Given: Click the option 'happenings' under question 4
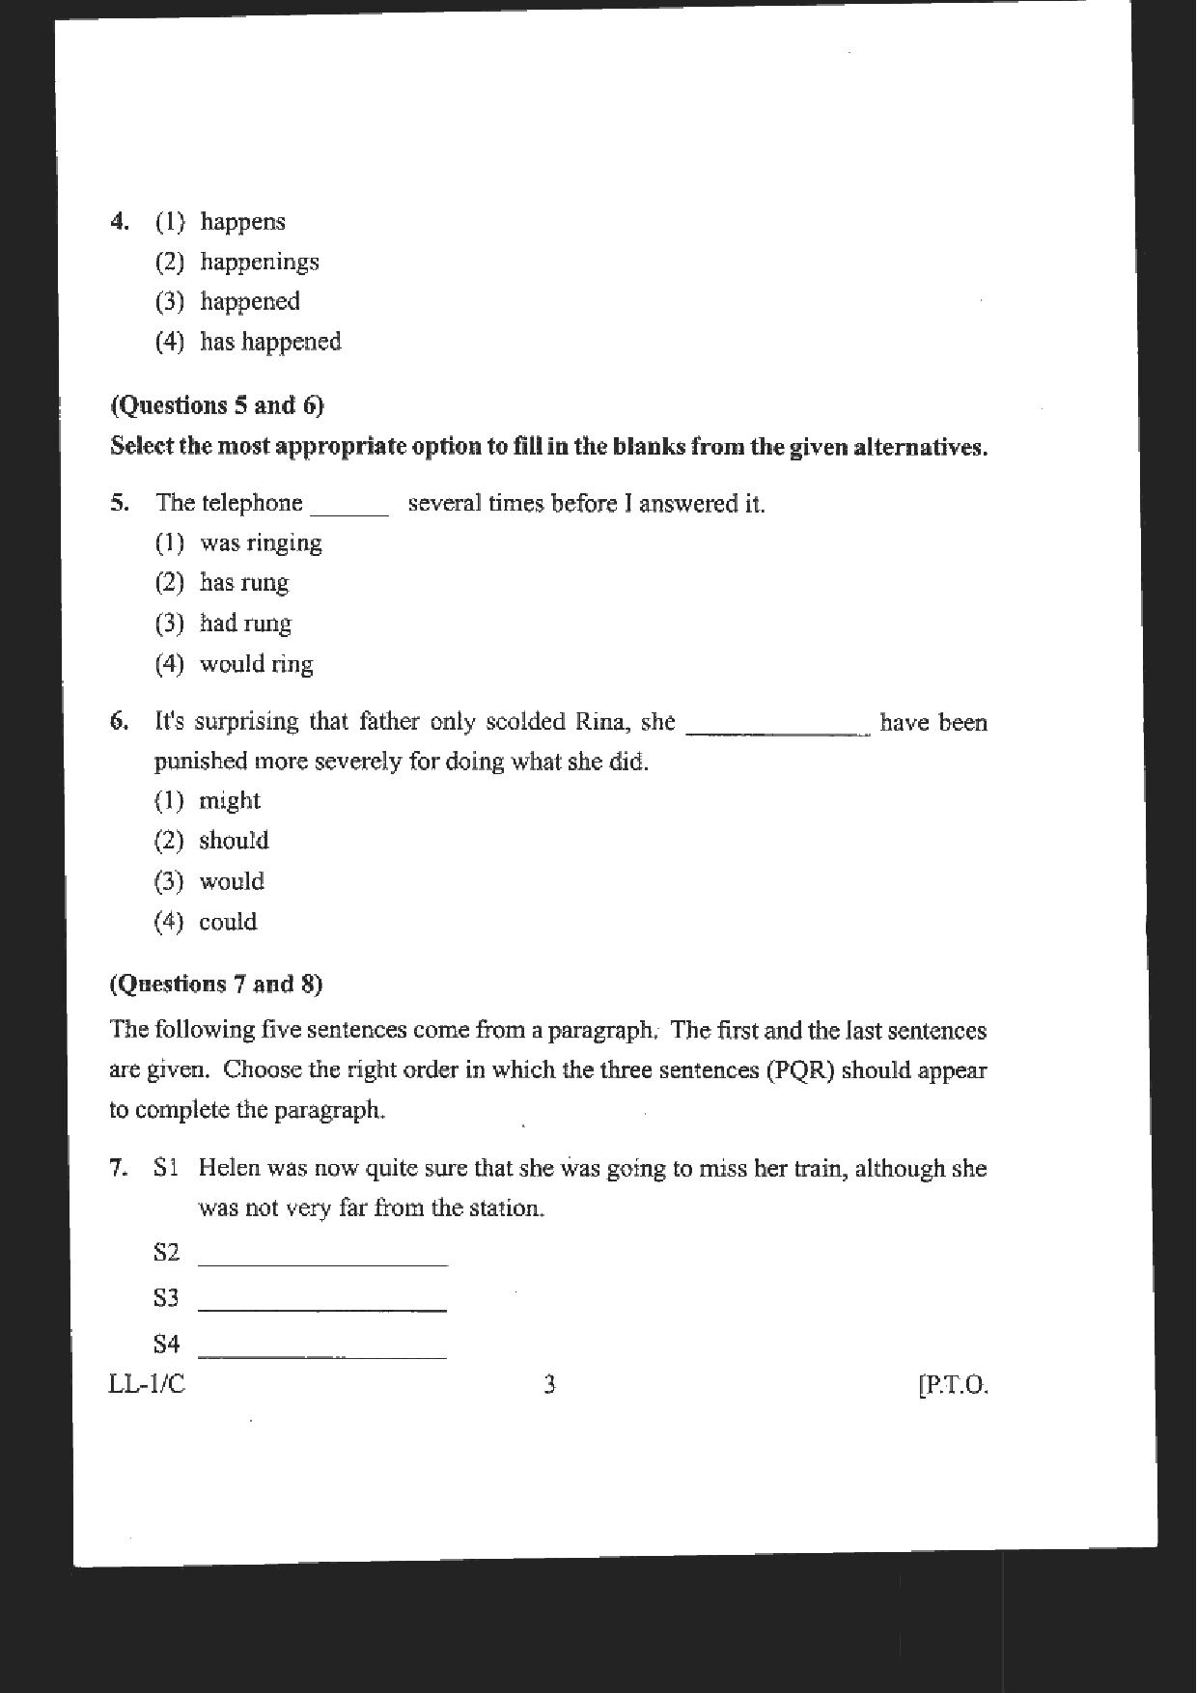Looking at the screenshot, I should click(259, 263).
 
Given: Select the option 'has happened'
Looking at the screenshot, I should click(270, 343).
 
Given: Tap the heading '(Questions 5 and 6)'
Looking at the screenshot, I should click(217, 405).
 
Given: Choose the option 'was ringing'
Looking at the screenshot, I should click(261, 543).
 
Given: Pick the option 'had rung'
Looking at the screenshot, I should click(245, 624).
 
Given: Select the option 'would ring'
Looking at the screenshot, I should click(256, 664).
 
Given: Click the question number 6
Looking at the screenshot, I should click(119, 722).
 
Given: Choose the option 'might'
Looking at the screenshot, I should click(230, 801).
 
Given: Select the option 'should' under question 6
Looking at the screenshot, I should click(234, 841).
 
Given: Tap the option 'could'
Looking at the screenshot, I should click(228, 922).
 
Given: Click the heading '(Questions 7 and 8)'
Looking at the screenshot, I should click(216, 985).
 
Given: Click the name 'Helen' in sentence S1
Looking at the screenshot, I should click(229, 1169).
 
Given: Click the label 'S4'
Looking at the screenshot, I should click(166, 1344).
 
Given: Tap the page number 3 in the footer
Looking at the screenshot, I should click(549, 1386).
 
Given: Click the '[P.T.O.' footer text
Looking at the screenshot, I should click(953, 1386).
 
